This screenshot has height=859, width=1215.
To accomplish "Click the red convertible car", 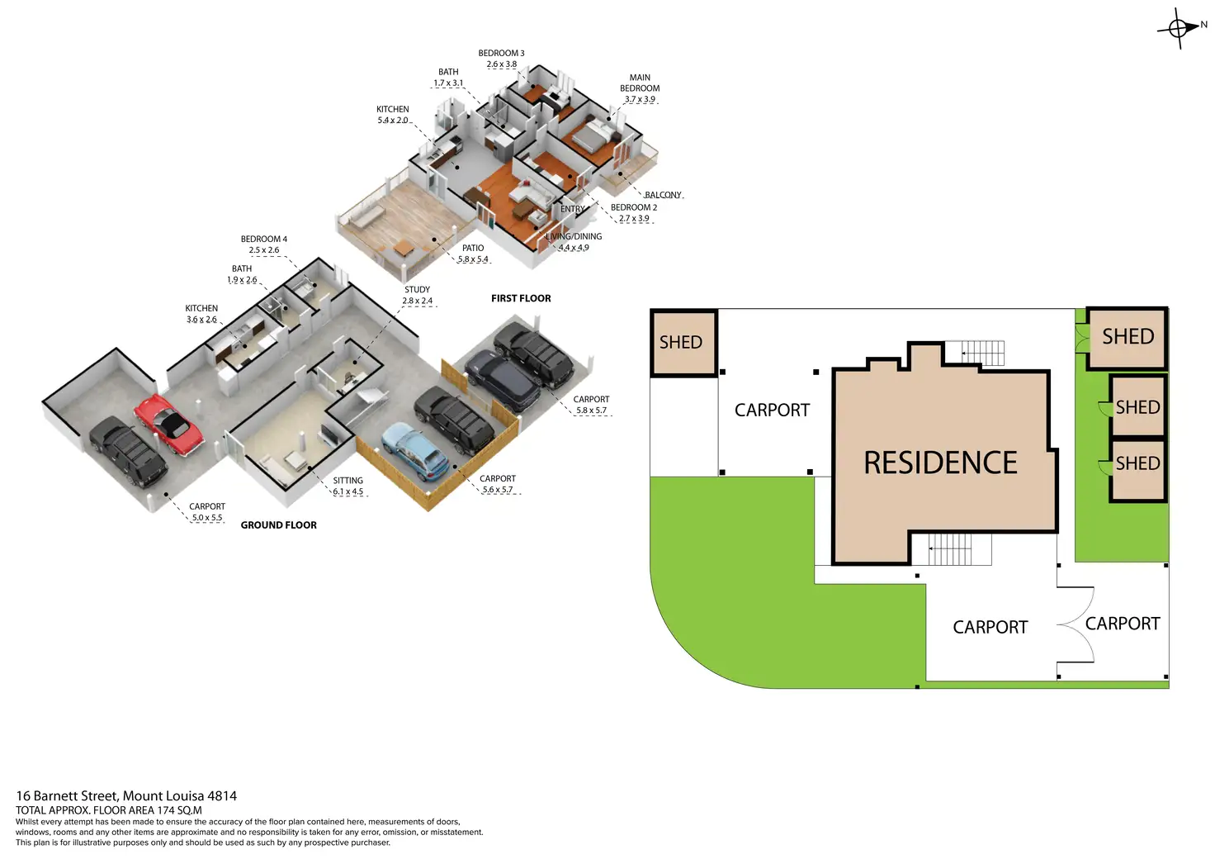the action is coord(168,425).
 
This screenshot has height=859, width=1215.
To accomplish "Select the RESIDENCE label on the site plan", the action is coord(940,463).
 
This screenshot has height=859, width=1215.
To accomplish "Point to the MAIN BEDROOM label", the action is coord(640,83).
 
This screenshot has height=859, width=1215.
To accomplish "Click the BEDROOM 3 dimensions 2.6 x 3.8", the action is coord(501,64).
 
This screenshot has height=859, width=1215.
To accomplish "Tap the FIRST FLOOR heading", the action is coord(521,298).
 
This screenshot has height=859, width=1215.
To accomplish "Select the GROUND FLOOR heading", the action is coord(278,525).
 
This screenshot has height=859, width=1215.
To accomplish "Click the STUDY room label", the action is coord(417,290).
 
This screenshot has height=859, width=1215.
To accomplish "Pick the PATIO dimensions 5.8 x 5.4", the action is coord(473,259).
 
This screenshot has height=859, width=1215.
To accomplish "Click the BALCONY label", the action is coord(663,195).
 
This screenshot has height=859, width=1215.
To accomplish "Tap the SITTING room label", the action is coord(347,481).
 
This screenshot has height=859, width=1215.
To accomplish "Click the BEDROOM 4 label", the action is coord(264,240).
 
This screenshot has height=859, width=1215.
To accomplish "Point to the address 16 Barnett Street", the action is coord(67,796).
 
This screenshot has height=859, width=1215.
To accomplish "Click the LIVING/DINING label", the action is coord(574,236).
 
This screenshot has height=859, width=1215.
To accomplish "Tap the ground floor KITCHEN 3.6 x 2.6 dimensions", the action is coord(201,320).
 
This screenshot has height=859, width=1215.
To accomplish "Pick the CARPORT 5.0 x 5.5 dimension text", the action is coord(207,518).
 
